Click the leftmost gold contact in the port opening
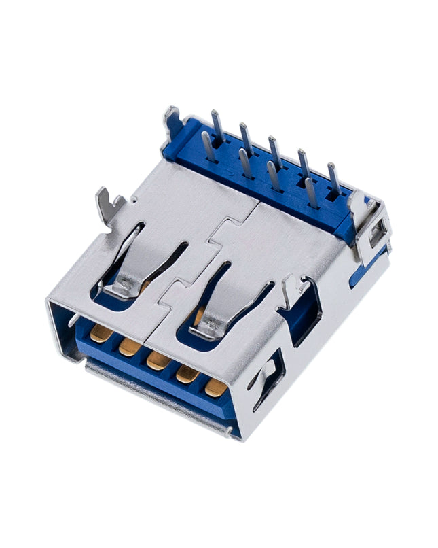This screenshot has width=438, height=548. click(x=101, y=332)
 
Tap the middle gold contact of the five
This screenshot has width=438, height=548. click(x=158, y=360)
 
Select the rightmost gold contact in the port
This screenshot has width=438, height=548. click(x=216, y=387)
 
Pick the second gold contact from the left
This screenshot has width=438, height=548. click(x=129, y=346)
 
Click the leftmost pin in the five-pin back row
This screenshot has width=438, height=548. click(x=217, y=126)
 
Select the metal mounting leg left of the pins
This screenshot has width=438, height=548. click(x=170, y=122)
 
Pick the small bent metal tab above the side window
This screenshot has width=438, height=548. click(x=290, y=286)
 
